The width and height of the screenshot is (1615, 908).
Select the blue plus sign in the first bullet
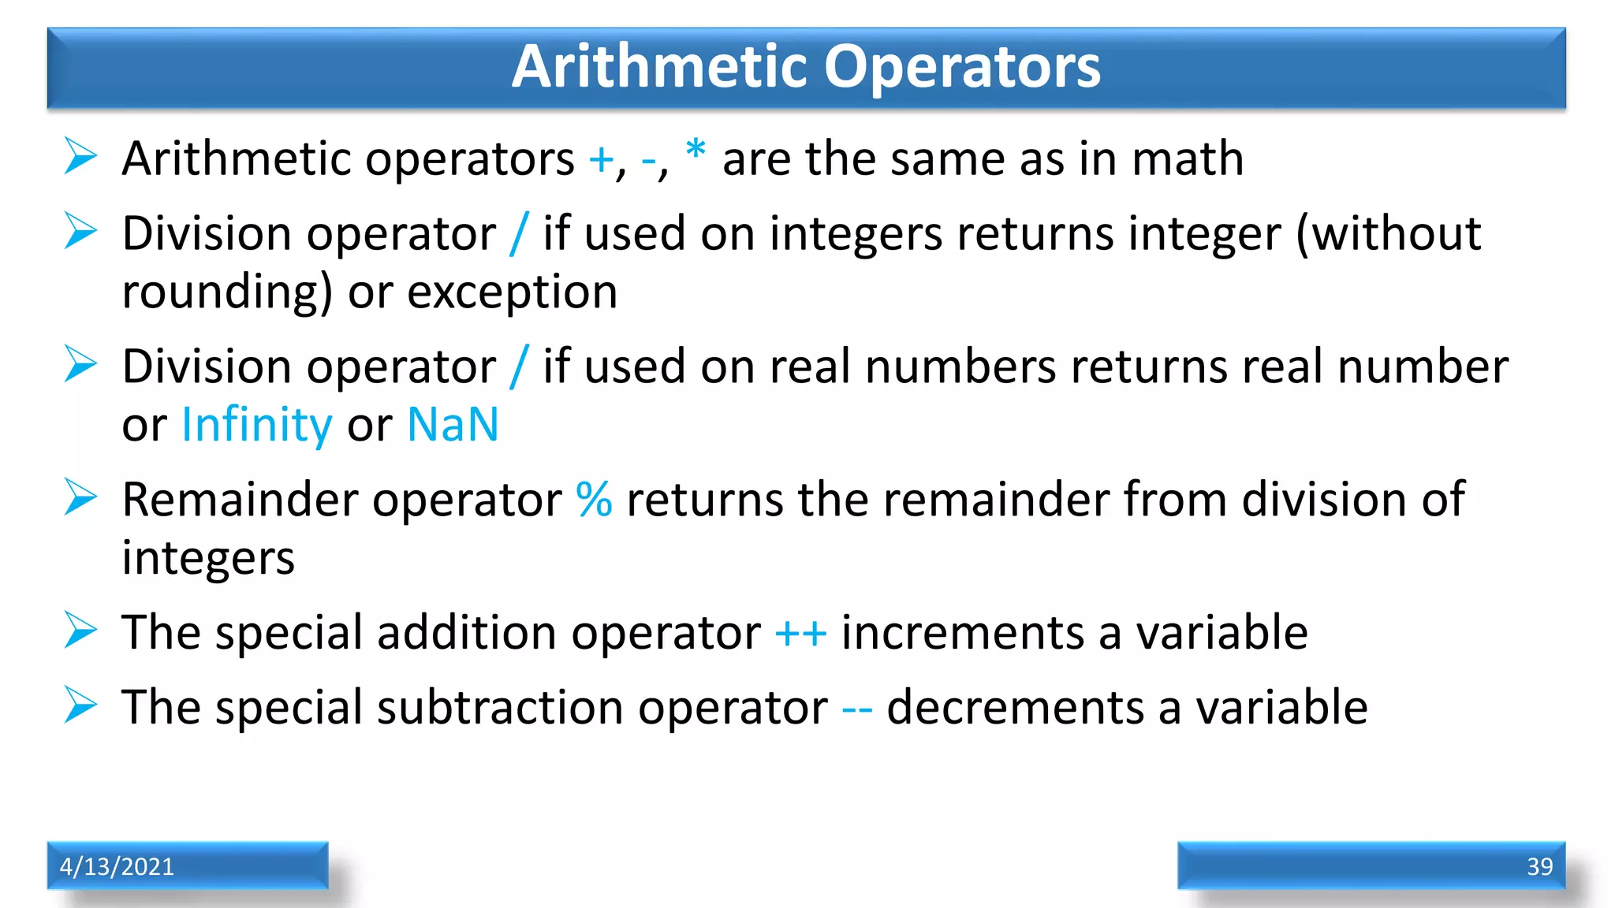[601, 160]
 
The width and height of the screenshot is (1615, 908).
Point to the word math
[1188, 158]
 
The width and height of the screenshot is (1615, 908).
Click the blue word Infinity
[257, 426]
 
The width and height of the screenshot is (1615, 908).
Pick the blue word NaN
[453, 425]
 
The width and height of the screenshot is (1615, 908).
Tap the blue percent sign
[594, 499]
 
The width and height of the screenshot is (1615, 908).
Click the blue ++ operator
[800, 633]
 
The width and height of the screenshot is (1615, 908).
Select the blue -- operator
[857, 708]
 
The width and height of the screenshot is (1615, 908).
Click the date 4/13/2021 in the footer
[117, 866]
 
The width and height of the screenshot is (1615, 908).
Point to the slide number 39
[1539, 866]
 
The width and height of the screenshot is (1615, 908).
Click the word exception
[512, 292]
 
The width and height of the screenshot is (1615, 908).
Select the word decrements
[1016, 707]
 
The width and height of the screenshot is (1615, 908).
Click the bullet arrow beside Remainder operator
[80, 497]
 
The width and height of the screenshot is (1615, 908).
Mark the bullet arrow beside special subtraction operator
[80, 705]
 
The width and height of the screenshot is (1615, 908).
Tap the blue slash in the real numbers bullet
[519, 367]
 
